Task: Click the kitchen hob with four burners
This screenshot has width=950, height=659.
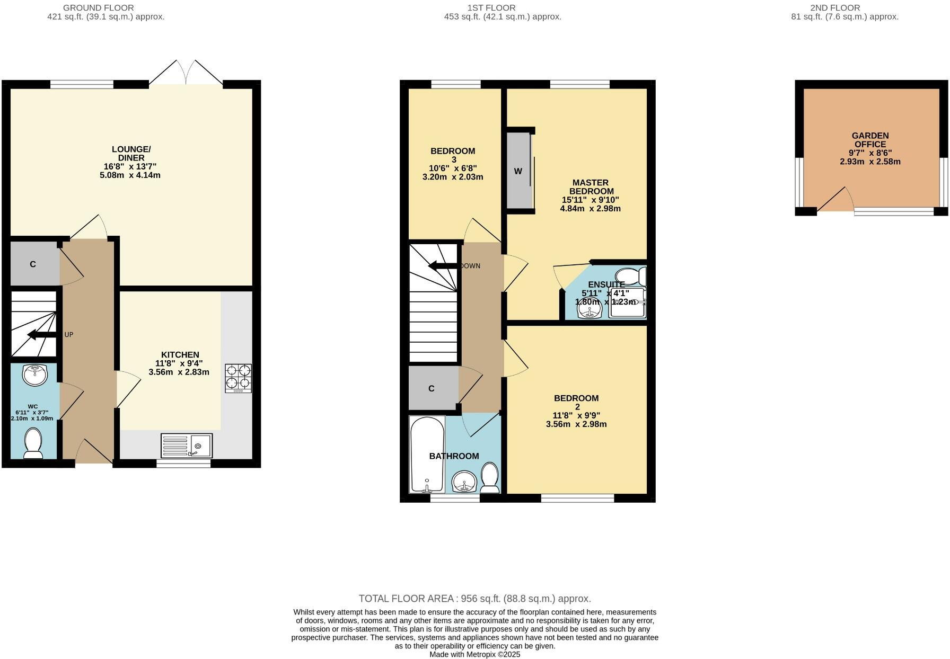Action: point(238,378)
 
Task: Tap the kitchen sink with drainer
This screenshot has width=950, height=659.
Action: point(187,446)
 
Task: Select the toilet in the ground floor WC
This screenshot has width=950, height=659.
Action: point(33,443)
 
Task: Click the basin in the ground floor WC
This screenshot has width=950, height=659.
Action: point(35,375)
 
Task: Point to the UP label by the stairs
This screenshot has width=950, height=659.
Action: point(68,335)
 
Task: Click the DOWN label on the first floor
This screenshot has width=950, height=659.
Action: point(470,266)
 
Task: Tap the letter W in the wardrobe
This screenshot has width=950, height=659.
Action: point(518,171)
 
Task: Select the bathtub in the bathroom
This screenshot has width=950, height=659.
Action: point(427,454)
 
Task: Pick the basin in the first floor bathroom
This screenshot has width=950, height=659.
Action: point(465,482)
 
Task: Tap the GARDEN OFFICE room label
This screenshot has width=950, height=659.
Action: point(870,140)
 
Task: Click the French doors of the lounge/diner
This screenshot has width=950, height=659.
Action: point(186,73)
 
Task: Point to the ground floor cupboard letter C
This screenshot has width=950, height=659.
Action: point(33,264)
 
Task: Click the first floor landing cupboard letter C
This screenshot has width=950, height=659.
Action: point(431,388)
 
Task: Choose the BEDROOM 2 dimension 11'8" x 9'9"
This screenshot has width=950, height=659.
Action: point(576,416)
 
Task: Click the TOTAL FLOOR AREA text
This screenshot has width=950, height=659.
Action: point(474,599)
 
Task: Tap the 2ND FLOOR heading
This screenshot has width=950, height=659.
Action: point(835,7)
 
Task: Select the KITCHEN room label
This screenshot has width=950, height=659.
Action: point(180,354)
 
